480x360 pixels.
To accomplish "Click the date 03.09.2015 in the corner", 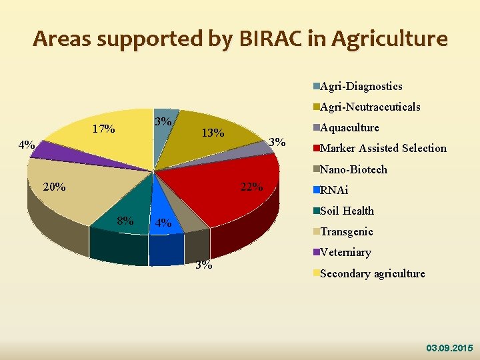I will point(449,348).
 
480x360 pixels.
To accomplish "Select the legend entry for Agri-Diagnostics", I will point(361,86).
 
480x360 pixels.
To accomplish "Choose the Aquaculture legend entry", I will point(349,127).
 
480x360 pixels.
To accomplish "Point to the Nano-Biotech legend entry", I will point(353,169).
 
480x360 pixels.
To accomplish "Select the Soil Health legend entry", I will point(347,211).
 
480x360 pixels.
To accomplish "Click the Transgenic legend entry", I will point(346,231).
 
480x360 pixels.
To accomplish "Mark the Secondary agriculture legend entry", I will point(372,273).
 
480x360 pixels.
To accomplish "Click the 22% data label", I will point(251,187).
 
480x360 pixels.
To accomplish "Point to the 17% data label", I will point(103,129).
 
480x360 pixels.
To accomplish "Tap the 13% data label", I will point(213,133).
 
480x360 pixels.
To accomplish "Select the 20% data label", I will point(53,187).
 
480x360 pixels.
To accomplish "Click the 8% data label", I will point(125,220).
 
